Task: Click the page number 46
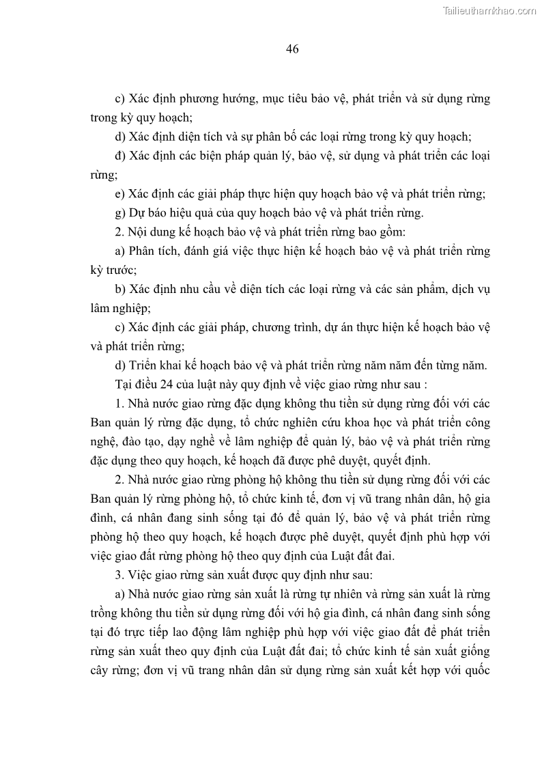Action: [293, 48]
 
